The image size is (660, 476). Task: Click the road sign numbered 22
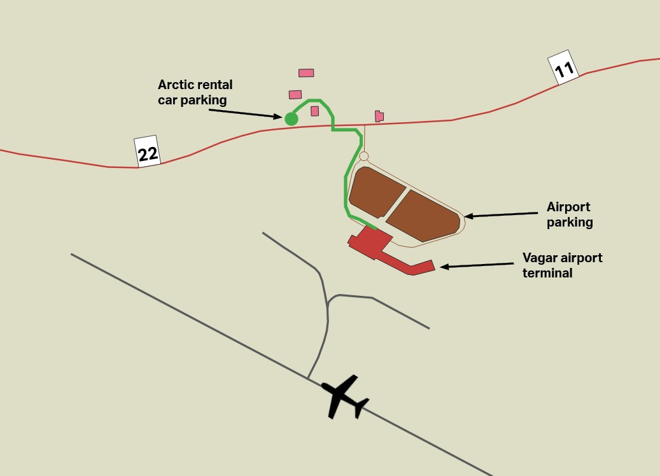click(148, 152)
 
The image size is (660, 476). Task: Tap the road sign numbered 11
click(563, 67)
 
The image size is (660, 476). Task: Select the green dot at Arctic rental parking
click(291, 118)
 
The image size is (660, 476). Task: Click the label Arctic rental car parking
click(195, 92)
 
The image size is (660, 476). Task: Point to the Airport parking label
click(570, 214)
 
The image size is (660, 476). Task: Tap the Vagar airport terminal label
click(562, 265)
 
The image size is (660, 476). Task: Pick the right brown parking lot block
click(423, 215)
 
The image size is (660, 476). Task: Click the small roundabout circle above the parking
click(364, 156)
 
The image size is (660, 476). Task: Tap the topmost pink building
click(306, 73)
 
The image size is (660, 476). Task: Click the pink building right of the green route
click(379, 116)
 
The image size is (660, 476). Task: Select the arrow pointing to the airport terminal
click(477, 265)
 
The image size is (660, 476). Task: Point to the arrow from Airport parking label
click(503, 214)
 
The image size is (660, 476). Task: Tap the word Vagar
click(540, 258)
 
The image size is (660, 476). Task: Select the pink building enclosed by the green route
click(314, 111)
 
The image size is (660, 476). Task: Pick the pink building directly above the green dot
click(295, 95)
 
